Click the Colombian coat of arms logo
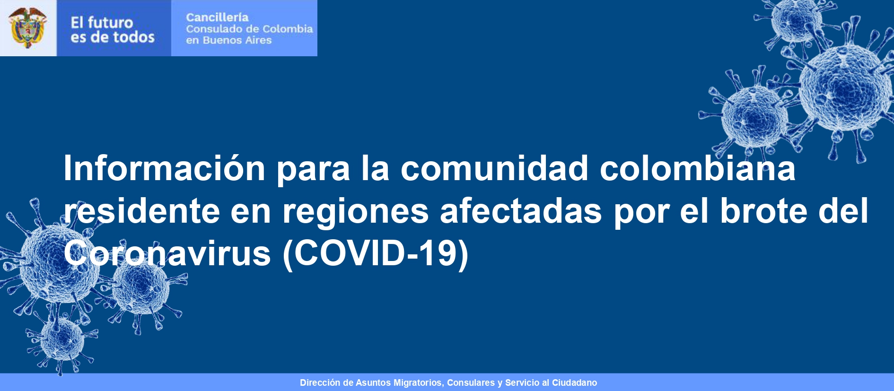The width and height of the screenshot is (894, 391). pos(28,27)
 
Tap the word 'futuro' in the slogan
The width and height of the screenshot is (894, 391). pos(110,22)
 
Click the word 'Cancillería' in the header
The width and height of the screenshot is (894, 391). pos(217,17)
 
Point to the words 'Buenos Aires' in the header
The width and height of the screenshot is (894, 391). pos(237,40)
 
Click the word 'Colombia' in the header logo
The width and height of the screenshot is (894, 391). pos(288,29)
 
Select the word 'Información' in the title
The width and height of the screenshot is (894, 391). pos(165,168)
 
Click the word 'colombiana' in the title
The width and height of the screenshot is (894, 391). pos(698,168)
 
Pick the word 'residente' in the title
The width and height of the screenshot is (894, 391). pos(142,211)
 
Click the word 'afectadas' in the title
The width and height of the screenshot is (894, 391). pos(521,211)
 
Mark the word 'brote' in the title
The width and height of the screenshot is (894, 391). pos(764,211)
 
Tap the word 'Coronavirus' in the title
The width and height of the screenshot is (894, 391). pos(167,253)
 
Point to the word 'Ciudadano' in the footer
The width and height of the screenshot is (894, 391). pos(574,382)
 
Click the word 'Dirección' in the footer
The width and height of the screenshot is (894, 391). pos(320,382)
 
